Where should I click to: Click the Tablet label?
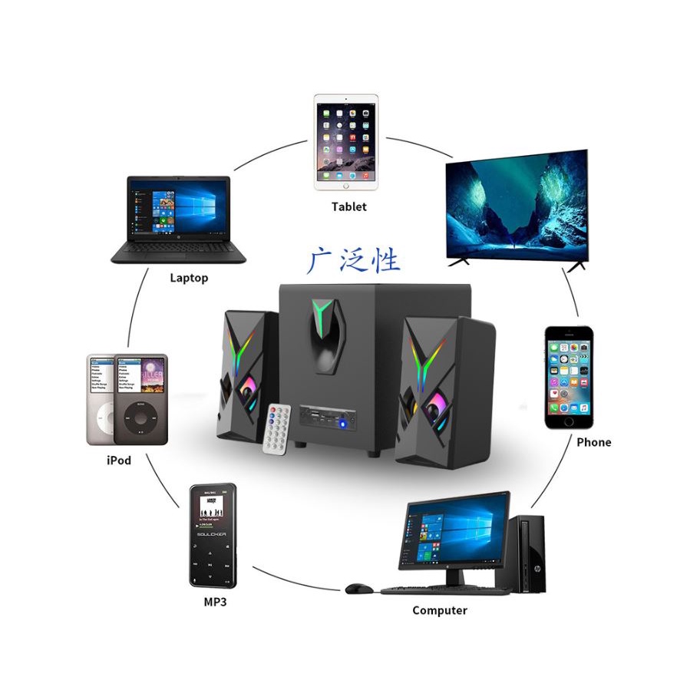point(348,206)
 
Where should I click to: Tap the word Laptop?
point(189,278)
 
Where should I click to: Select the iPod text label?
point(118,461)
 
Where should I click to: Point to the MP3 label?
point(215,602)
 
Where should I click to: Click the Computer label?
point(439,610)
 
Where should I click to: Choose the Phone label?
point(593,442)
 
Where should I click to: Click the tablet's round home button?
point(345,185)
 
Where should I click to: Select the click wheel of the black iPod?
point(140,418)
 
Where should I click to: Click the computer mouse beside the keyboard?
point(358,589)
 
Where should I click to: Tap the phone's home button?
point(569,421)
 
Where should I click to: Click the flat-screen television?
point(517,206)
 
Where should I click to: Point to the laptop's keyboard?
point(179,248)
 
